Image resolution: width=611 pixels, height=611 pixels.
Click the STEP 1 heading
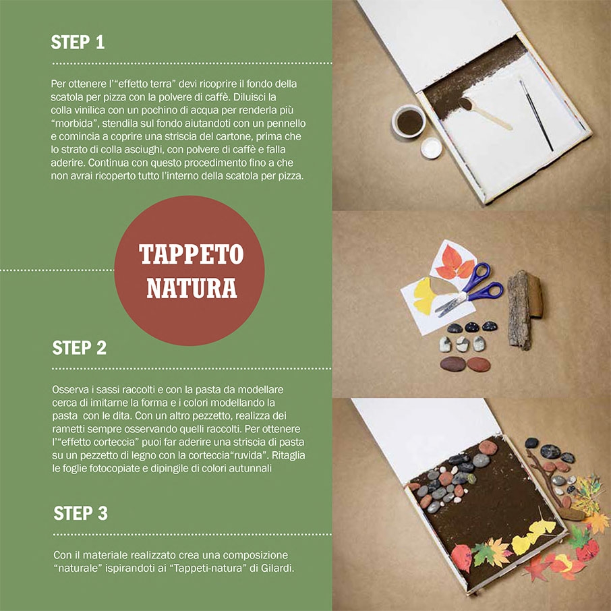(78, 42)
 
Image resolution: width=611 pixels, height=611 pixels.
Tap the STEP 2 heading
(79, 347)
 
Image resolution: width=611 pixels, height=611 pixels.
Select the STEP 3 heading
(80, 513)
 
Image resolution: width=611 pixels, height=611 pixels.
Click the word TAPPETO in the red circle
(192, 254)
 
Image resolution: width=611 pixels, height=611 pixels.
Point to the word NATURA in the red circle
(192, 288)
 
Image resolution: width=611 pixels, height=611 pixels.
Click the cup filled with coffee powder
(409, 121)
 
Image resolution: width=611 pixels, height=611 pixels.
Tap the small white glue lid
(432, 148)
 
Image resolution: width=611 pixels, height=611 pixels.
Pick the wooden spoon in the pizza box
(485, 113)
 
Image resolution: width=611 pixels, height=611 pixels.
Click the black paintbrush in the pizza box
(536, 115)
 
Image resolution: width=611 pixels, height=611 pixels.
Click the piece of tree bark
(525, 309)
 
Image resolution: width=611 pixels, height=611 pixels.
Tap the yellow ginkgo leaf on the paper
(426, 295)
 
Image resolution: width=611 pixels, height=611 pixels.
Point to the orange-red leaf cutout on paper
(454, 263)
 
